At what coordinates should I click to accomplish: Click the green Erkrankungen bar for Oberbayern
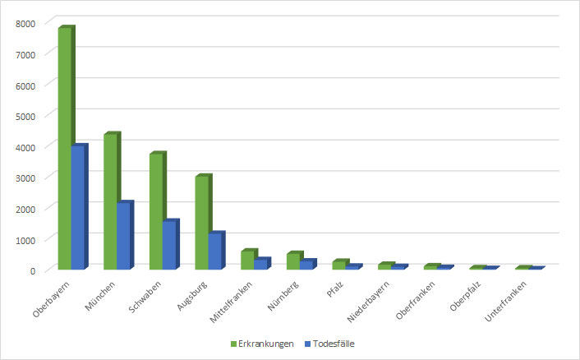pos(64,148)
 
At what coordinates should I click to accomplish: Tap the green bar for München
pos(110,201)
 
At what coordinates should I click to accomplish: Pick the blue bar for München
pos(123,235)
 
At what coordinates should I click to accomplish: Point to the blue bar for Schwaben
pos(169,245)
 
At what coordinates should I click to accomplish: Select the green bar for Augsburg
pos(201,222)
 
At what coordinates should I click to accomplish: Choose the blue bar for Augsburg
pos(214,251)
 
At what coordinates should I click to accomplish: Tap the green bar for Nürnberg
pos(293,261)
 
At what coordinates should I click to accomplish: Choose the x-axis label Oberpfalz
pos(466,297)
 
